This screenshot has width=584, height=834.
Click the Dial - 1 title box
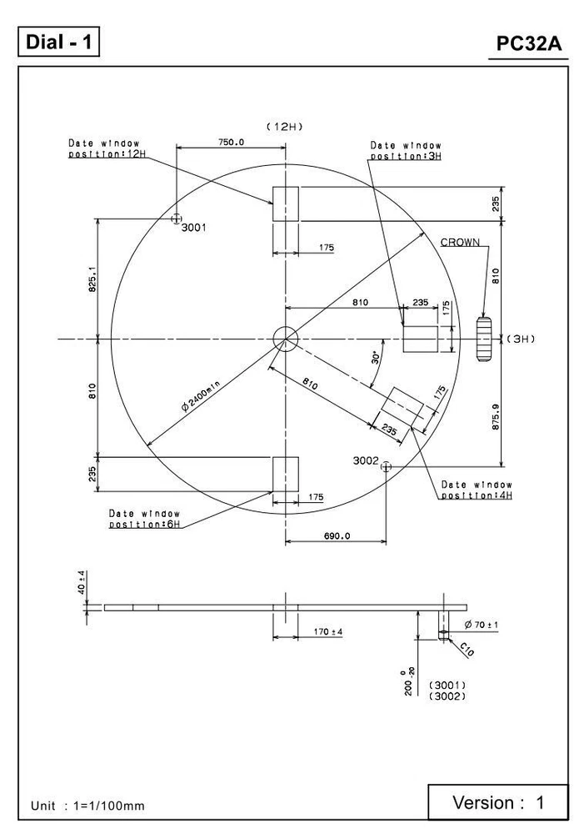pos(58,43)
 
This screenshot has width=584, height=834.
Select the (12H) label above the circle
pos(285,126)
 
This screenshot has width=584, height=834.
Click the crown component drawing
pos(484,339)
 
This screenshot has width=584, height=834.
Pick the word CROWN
pos(460,243)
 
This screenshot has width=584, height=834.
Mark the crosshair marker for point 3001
pos(176,219)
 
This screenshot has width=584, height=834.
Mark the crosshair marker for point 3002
pos(386,467)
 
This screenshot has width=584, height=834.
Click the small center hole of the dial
pos(285,339)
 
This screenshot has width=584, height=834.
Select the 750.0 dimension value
pos(231,143)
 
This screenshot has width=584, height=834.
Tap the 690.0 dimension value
pos(336,535)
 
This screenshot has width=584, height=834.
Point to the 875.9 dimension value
pos(497,416)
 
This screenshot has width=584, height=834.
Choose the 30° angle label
pos(376,358)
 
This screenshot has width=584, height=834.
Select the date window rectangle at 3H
pos(420,339)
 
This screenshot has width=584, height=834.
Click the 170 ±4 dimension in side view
pos(327,631)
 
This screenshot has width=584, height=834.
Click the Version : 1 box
pos(497,802)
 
